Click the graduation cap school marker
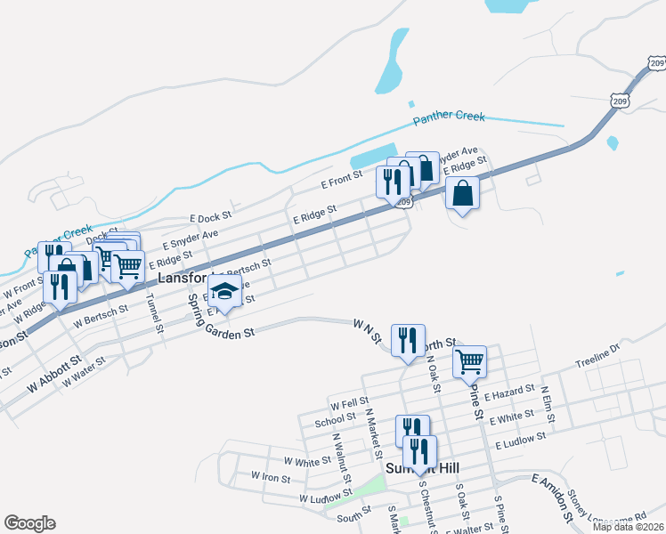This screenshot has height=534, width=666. (226, 293)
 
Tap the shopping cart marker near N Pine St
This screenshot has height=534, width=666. (469, 361)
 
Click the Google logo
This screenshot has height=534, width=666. (29, 523)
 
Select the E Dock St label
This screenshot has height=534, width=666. (211, 216)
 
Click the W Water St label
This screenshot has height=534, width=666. (84, 365)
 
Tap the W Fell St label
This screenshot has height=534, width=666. (349, 402)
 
